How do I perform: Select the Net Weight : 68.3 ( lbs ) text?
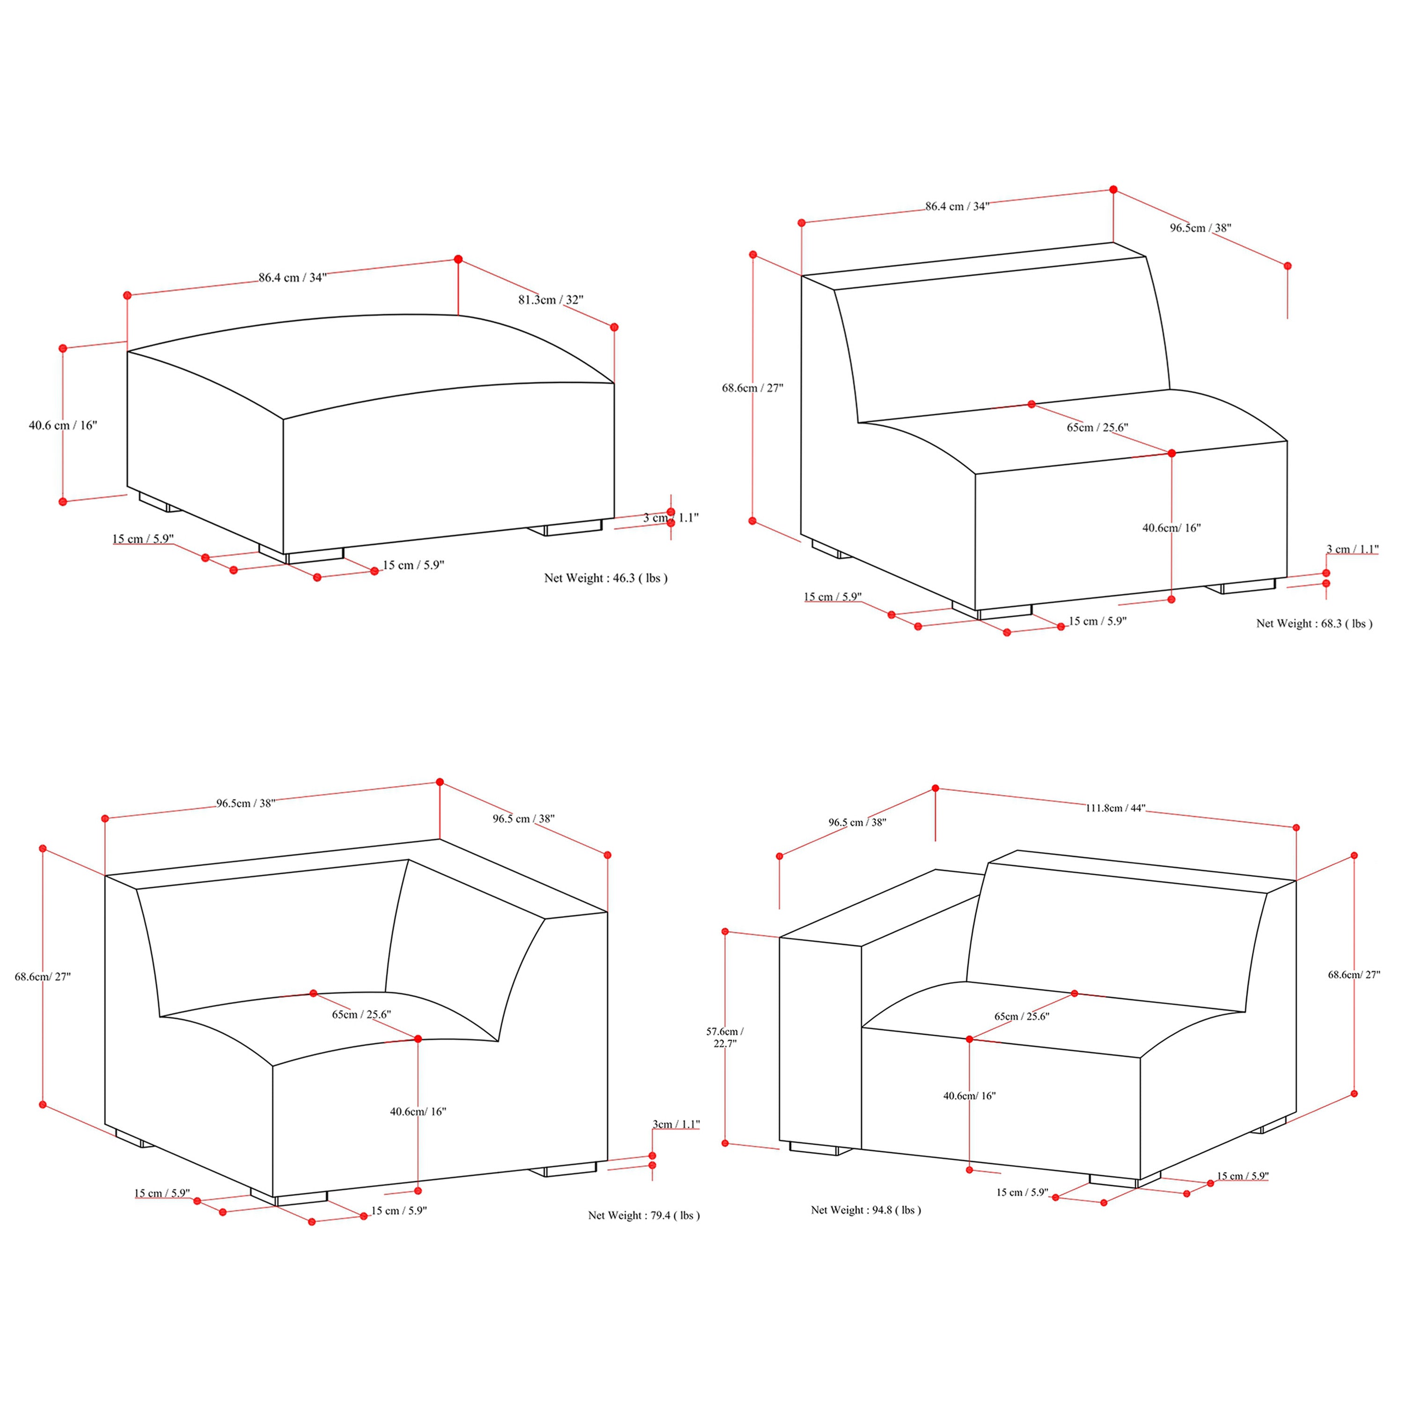click(x=1314, y=623)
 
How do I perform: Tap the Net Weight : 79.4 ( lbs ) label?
click(x=644, y=1215)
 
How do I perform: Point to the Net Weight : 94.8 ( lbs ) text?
click(x=865, y=1210)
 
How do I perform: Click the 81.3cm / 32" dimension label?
click(x=551, y=300)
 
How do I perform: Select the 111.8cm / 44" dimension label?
click(x=1116, y=807)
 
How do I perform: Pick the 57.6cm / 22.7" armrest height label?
click(x=724, y=1037)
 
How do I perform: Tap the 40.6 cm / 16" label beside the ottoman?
click(x=63, y=425)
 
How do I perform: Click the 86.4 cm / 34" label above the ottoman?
click(x=293, y=278)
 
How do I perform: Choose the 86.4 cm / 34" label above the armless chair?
click(x=957, y=206)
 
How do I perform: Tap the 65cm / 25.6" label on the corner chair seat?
click(x=361, y=1015)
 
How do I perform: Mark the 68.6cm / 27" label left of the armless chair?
click(x=752, y=388)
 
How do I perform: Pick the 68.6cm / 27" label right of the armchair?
click(x=1354, y=974)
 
